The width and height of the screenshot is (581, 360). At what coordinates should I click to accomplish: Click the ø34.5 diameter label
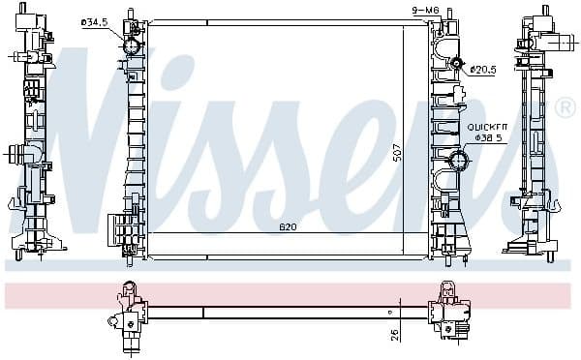95,22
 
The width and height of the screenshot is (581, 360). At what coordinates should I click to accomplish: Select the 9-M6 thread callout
425,11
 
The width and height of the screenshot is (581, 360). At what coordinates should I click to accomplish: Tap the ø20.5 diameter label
483,69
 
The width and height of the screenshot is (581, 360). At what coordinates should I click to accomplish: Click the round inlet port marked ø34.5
133,46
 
